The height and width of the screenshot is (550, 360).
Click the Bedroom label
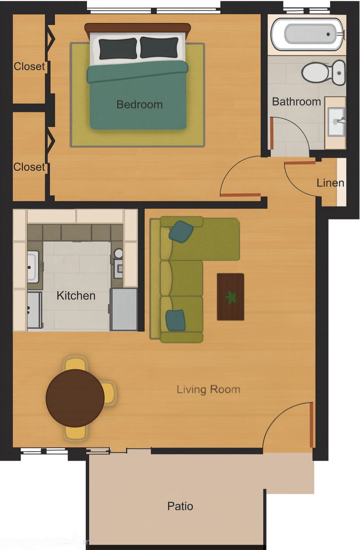[x=139, y=104]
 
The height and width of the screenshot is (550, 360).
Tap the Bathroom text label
[x=296, y=102]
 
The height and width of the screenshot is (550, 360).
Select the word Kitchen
[x=76, y=296]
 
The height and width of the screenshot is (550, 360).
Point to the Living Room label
[x=208, y=389]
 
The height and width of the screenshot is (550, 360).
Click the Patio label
[x=180, y=506]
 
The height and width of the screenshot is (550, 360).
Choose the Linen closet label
[x=330, y=183]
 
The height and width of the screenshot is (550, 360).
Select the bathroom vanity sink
[x=336, y=122]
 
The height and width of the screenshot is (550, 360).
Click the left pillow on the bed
[x=118, y=49]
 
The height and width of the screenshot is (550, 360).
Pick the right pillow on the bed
[x=159, y=47]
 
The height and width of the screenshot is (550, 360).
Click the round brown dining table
[x=75, y=398]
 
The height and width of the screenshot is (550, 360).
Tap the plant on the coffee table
[x=231, y=297]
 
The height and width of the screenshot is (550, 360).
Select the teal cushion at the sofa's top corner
[x=181, y=231]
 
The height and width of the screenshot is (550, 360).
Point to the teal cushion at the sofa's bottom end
[x=175, y=320]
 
